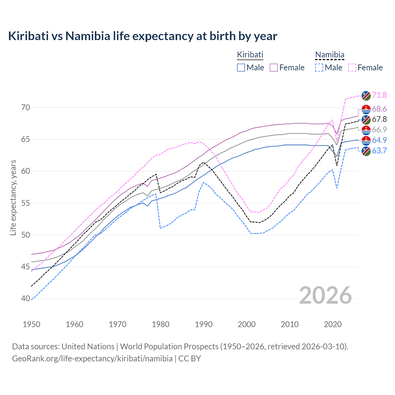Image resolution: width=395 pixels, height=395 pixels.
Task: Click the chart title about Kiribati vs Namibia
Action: click(143, 36)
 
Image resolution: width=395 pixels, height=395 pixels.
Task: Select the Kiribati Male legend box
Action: click(241, 68)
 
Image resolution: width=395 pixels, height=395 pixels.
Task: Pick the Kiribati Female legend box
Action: click(274, 68)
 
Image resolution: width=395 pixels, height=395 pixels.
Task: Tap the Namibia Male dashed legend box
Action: click(319, 68)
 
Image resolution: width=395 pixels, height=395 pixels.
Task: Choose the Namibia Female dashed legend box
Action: click(352, 68)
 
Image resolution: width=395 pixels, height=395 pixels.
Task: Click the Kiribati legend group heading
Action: click(250, 55)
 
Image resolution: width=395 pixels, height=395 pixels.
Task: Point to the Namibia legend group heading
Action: click(329, 55)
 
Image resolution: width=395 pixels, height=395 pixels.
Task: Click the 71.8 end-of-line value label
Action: click(379, 95)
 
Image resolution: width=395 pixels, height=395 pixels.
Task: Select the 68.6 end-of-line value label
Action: click(379, 109)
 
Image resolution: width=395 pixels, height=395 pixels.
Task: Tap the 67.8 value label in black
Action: click(379, 119)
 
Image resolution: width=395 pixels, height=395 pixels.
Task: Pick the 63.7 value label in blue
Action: click(379, 151)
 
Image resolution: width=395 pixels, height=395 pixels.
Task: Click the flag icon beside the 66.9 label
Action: click(366, 130)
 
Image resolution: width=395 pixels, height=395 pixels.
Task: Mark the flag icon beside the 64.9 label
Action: click(366, 140)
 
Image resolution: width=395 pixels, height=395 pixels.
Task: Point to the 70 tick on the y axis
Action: click(26, 108)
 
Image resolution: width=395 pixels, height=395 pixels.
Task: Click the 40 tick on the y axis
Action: click(26, 298)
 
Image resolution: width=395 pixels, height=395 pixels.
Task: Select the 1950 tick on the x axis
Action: click(31, 324)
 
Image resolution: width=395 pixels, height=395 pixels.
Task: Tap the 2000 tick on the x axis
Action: click(247, 324)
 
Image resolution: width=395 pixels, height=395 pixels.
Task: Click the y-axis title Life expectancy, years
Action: click(13, 197)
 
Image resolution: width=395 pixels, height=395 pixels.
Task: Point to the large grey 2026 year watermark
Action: click(326, 295)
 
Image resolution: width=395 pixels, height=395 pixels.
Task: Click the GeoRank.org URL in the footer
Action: click(92, 359)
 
